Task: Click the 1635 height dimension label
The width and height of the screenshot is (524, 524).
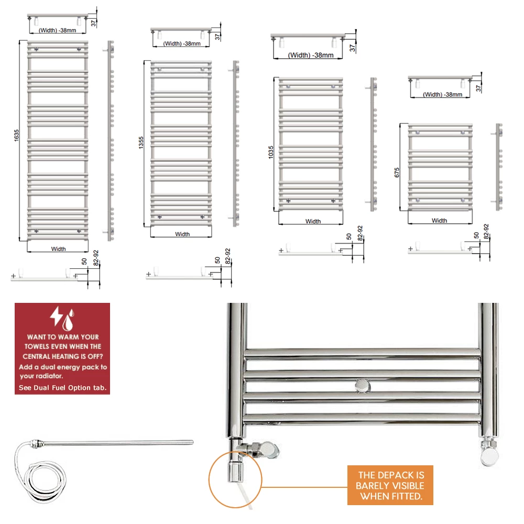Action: point(17,135)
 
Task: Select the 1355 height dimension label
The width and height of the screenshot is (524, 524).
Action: point(141,143)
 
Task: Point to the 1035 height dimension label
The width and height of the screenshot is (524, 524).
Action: point(271,152)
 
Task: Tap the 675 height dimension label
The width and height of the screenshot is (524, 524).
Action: point(397,172)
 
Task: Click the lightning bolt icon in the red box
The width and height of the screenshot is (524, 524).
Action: point(56,316)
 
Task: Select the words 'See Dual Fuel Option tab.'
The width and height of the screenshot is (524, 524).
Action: point(62,388)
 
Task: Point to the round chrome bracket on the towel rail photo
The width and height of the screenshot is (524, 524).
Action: point(362,386)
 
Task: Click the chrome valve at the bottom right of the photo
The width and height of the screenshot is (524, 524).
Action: point(489,452)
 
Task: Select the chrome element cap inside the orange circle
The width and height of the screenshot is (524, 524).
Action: point(235,472)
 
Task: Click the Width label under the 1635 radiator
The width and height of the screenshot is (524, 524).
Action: point(58,249)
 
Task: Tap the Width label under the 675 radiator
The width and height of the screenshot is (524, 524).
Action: point(439,221)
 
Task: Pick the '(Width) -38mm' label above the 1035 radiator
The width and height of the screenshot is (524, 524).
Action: point(311,55)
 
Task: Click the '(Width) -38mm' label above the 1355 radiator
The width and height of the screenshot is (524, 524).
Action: point(182,43)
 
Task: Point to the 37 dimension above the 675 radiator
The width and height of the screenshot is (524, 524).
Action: point(478,88)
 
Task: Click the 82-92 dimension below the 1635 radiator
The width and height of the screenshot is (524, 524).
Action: point(96,258)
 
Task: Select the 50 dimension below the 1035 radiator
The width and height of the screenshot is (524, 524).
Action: point(349,236)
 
